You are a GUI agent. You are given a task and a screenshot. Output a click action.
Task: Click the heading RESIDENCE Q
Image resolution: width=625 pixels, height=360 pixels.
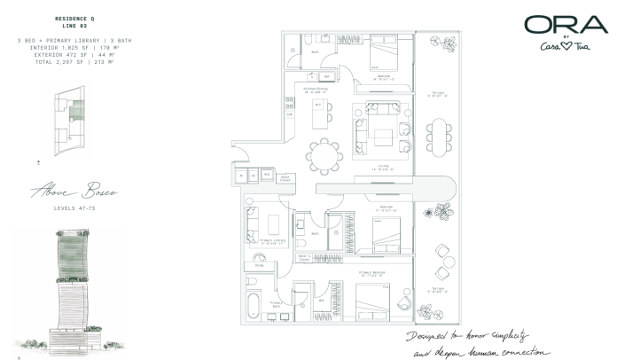(x=72, y=18)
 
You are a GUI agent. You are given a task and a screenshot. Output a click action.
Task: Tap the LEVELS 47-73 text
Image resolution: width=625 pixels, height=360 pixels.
(x=72, y=208)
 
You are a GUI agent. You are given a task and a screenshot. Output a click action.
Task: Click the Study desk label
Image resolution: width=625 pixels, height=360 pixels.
(x=258, y=263)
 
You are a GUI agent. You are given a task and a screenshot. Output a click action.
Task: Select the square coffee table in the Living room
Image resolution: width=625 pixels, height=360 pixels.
(x=383, y=137)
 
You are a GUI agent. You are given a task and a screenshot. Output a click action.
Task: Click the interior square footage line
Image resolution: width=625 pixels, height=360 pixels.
(x=72, y=48)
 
